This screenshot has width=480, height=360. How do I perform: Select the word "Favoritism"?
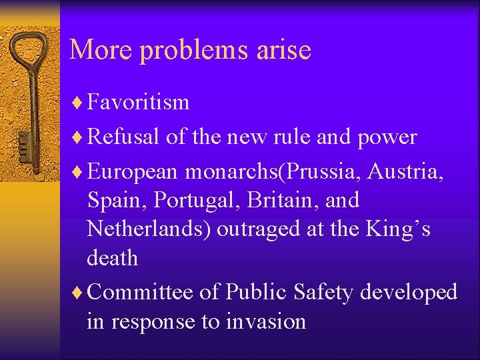pos(138,102)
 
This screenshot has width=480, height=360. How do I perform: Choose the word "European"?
pos(132,172)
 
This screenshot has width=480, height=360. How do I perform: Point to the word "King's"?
pos(399,229)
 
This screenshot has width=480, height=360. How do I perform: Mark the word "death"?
pos(112,257)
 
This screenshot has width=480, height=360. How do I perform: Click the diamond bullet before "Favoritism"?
pos(77,103)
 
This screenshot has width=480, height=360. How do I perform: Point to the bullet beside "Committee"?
pos(77,293)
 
